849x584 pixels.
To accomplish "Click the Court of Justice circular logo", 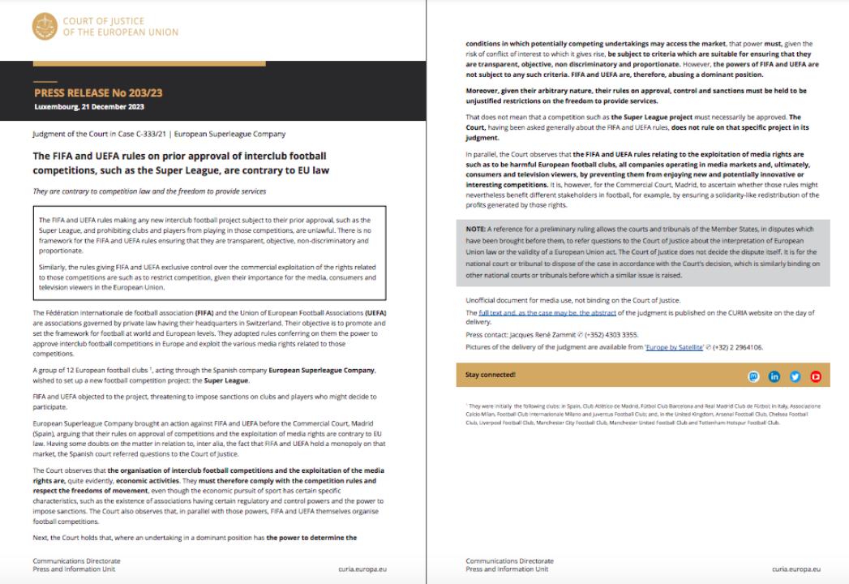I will (x=45, y=27).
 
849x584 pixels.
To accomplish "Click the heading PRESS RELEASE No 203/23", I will (x=98, y=92).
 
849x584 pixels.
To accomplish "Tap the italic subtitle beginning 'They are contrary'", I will (x=149, y=191).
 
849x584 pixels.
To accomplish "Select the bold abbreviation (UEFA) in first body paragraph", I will (x=375, y=313).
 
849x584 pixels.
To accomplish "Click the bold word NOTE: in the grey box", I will (x=476, y=229).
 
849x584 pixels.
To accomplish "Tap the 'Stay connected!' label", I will (x=491, y=375).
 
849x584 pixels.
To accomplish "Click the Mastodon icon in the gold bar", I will (x=754, y=376).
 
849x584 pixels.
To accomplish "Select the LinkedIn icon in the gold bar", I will (x=774, y=376).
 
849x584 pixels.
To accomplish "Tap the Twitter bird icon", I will (x=795, y=376).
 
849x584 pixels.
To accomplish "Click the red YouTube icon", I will (x=815, y=376).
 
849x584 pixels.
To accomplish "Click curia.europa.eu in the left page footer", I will (x=362, y=569).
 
